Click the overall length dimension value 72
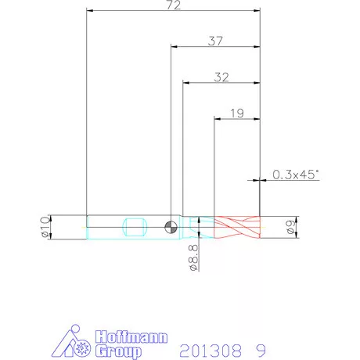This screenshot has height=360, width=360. [174, 5]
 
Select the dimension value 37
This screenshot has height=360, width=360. [215, 41]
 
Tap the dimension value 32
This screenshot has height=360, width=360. [221, 77]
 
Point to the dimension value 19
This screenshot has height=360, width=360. [237, 113]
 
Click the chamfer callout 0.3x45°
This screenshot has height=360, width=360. [296, 175]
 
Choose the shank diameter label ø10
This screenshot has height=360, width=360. [45, 227]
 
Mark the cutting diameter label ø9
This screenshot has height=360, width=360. [290, 227]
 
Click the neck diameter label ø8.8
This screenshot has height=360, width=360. [194, 257]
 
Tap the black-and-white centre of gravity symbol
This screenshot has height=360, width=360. [171, 227]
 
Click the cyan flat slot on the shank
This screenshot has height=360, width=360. [135, 227]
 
